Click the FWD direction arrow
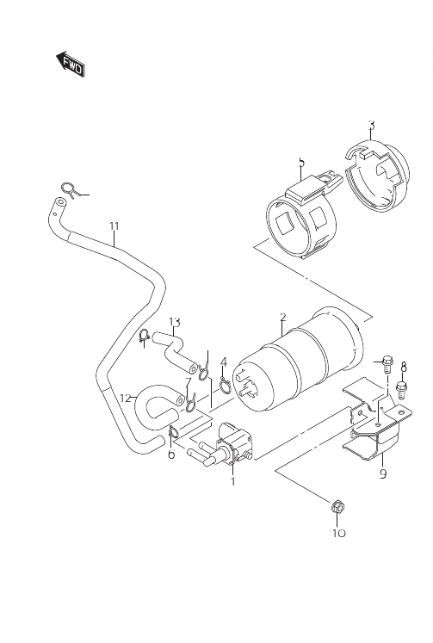point(70,65)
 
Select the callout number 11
point(114,226)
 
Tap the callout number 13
point(174,322)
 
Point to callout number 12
point(126,399)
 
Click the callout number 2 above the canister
point(282,317)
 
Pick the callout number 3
point(372,125)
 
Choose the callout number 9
point(383,474)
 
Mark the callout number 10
point(339,533)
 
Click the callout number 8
point(404,366)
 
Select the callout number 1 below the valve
point(233,481)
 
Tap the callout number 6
point(171,454)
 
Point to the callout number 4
point(224,362)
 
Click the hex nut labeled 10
point(337,507)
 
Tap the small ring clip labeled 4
point(225,385)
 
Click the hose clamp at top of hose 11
point(70,189)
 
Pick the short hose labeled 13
point(175,350)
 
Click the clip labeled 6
point(173,433)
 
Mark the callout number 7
point(188,382)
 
